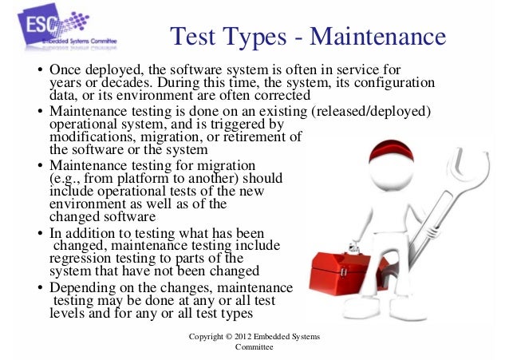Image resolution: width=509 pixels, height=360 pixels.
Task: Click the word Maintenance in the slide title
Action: (x=377, y=37)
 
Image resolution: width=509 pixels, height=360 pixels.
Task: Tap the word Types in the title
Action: (x=248, y=38)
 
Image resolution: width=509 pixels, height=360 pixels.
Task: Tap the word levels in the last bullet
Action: (x=65, y=312)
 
